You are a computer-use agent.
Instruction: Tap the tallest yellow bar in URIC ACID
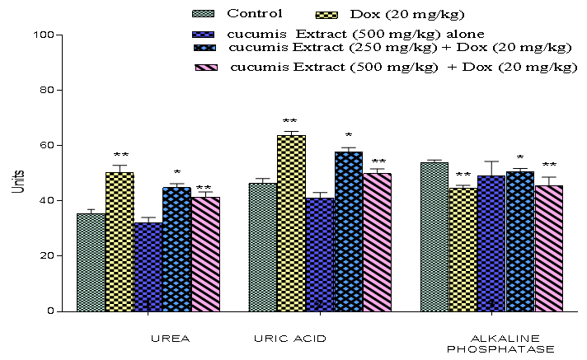[291, 222]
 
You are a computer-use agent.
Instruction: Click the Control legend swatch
[203, 13]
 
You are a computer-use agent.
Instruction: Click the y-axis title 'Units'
[16, 182]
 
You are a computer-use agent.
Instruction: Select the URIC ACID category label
[289, 339]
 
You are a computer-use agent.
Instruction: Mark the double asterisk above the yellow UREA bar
[121, 155]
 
